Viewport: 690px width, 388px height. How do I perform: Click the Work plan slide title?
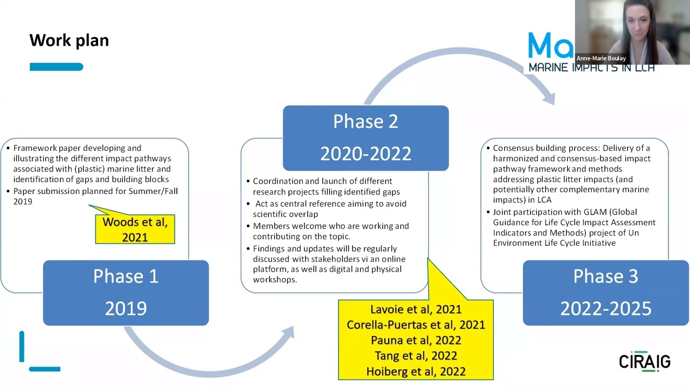(69, 40)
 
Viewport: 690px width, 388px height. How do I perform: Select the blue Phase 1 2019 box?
(126, 292)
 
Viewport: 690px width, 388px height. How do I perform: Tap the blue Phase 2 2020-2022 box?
(365, 137)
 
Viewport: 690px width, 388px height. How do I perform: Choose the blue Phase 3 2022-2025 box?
(605, 292)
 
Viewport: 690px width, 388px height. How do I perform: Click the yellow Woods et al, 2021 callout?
(135, 230)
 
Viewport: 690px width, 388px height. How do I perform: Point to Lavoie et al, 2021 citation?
(416, 309)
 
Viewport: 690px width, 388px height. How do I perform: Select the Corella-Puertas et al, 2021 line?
(416, 325)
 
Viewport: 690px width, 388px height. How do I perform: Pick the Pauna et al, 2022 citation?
(416, 341)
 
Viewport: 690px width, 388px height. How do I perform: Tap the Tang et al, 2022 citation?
(416, 356)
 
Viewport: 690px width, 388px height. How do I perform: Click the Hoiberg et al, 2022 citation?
(416, 371)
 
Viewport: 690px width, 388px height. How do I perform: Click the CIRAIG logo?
(644, 361)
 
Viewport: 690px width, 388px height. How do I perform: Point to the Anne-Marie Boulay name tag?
(601, 58)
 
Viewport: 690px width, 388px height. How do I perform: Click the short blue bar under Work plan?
(56, 67)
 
